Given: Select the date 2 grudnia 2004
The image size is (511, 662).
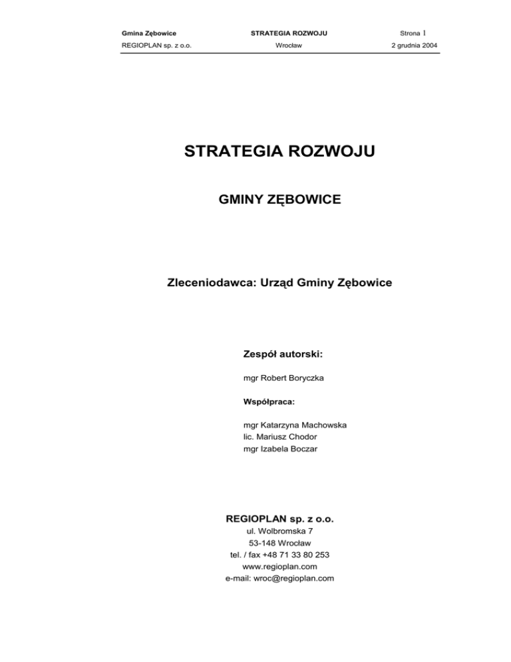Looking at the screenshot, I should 411,46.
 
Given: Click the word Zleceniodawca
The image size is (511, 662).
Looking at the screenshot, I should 209,283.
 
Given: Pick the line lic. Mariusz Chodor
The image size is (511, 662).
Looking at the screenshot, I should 279,438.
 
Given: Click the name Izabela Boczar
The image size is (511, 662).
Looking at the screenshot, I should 294,450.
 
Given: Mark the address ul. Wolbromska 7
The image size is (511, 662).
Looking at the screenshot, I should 279,531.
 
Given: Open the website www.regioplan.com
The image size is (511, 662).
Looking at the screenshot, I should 279,567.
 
